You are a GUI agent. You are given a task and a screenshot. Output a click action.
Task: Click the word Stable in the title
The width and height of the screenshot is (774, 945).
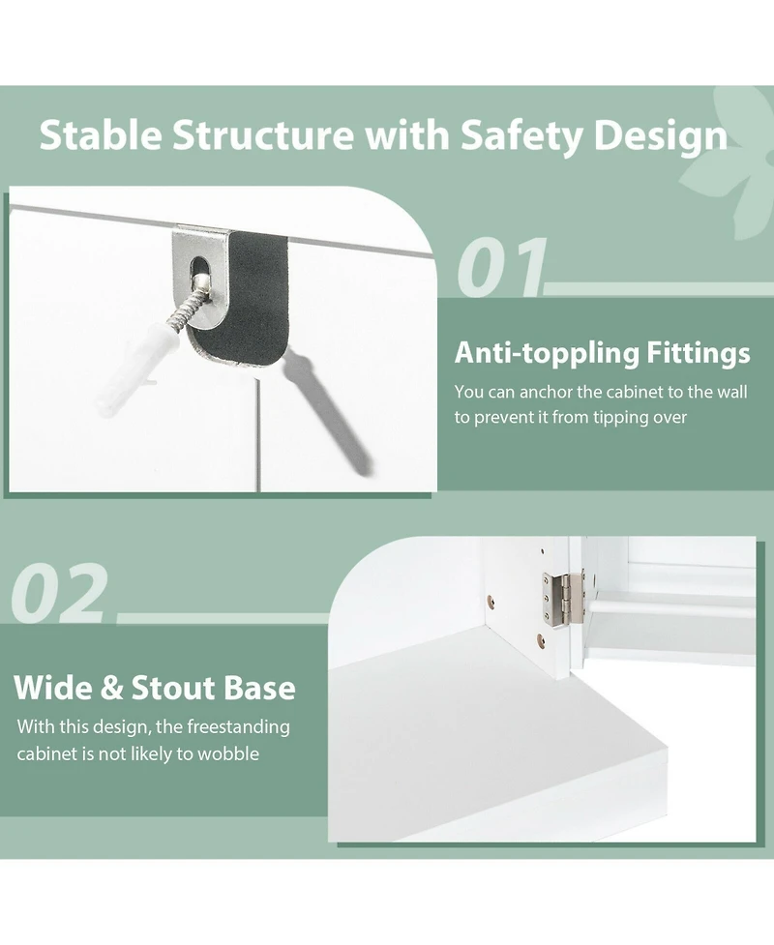(101, 134)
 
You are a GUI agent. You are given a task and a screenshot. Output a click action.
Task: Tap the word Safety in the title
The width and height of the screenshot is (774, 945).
(521, 136)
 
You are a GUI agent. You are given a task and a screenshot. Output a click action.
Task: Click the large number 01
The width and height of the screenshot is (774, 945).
(501, 266)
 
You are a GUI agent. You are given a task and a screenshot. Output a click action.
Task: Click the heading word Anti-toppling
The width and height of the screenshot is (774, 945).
(547, 354)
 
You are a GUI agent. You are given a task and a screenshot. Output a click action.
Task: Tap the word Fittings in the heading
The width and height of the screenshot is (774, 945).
(698, 353)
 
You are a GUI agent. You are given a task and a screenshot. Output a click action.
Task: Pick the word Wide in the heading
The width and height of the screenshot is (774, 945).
(53, 688)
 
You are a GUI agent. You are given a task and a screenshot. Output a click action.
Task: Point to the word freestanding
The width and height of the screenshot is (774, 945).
(238, 727)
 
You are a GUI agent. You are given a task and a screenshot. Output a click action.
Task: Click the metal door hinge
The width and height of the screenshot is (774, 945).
(563, 597)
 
